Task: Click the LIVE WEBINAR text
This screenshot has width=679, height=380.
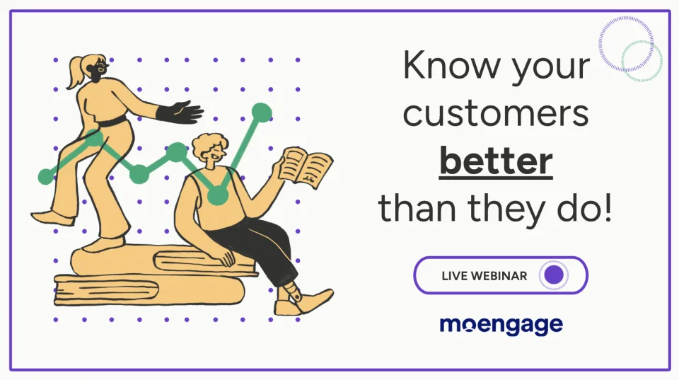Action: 484,275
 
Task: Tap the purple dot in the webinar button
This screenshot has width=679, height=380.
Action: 554,275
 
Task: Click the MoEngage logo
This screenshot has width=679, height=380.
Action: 501,325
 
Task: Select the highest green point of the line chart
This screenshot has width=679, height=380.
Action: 262,112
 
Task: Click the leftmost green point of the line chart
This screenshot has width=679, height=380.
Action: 46,175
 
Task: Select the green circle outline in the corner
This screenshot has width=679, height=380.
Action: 642,61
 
